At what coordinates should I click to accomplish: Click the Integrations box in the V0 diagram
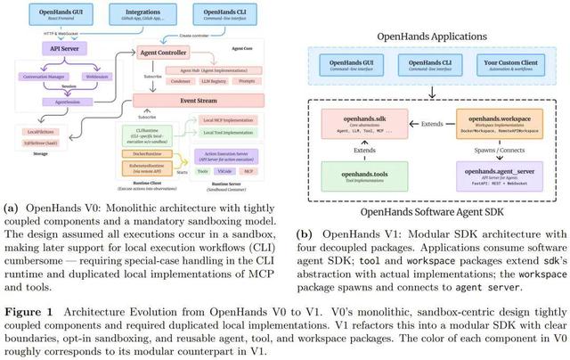pos(136,15)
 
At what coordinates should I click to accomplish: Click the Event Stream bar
pos(182,101)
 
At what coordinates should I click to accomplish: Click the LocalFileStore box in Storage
pos(35,132)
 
